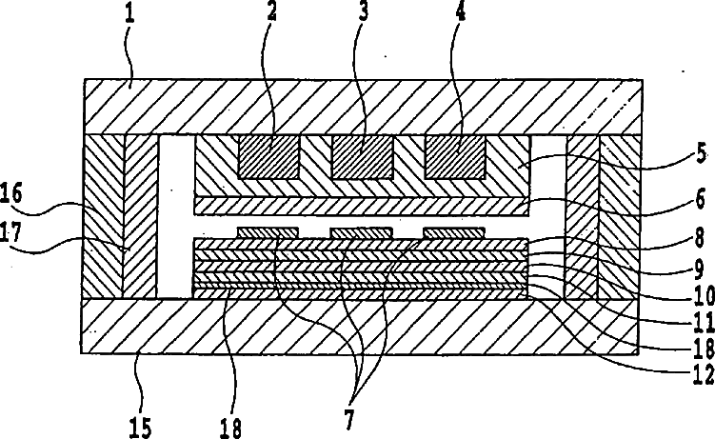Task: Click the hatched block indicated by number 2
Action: (268, 154)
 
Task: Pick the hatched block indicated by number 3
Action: (362, 154)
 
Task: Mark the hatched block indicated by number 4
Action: (454, 154)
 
